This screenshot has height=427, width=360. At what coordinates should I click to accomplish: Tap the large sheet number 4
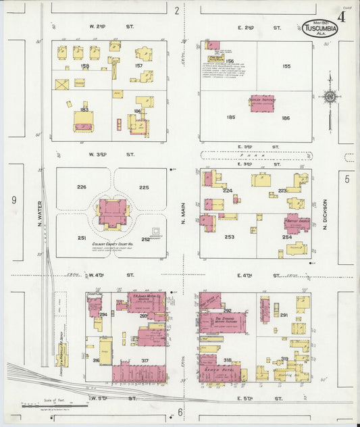click(342, 16)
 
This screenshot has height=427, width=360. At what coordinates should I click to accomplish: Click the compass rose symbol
click(330, 97)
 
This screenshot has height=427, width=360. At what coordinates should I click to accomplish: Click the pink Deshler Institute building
click(262, 103)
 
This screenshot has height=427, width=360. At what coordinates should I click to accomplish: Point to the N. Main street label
click(182, 214)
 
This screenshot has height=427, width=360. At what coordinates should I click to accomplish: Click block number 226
click(82, 186)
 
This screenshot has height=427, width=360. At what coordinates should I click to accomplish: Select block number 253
click(230, 237)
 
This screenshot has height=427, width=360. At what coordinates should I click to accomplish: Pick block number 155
click(286, 66)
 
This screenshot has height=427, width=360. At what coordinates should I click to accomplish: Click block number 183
click(84, 109)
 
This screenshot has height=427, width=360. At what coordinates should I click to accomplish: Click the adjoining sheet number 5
click(347, 179)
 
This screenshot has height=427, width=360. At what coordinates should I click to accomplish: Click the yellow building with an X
click(62, 84)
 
